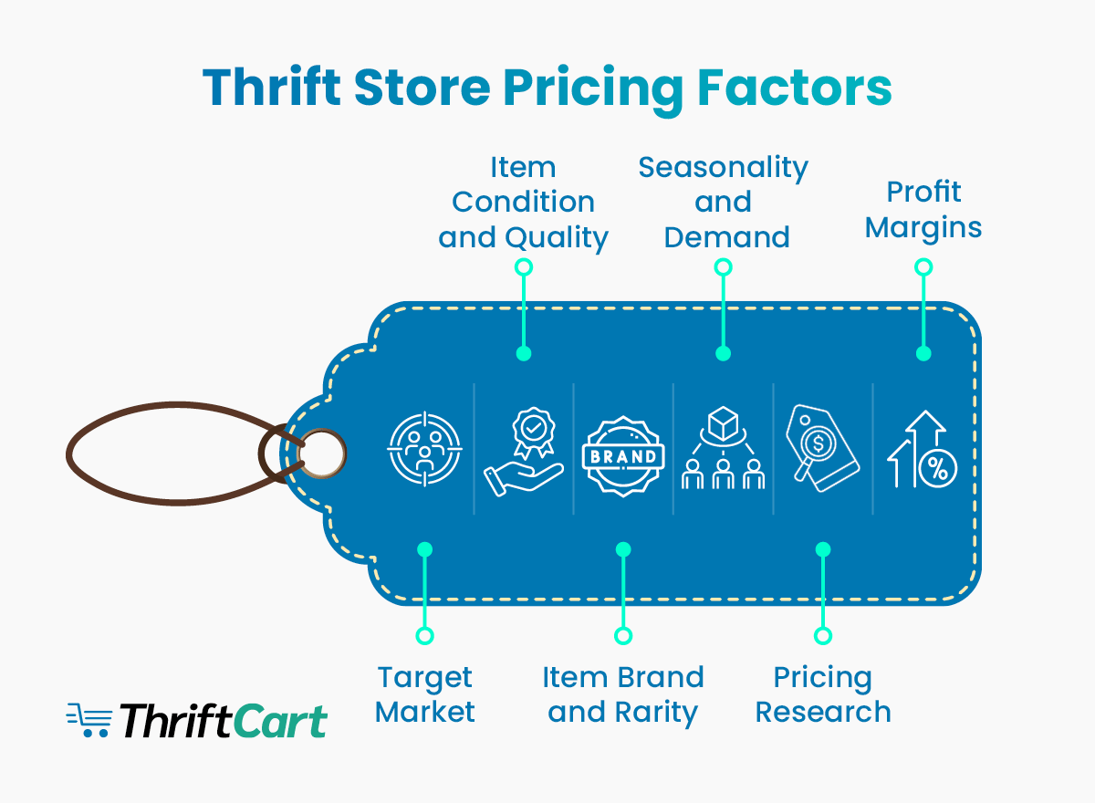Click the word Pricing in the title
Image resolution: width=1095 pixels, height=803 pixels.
coord(593,89)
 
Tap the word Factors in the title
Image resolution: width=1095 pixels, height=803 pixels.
coord(794,88)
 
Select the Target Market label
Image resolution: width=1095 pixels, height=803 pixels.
coord(425,694)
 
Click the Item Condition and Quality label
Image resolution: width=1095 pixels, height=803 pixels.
coord(523,203)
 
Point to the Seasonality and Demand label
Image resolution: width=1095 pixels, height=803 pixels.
coord(723,203)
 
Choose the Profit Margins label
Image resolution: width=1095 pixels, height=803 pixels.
coord(923,209)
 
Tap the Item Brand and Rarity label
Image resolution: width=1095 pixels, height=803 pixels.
coord(623,694)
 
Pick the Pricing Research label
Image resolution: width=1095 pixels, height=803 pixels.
coord(823,694)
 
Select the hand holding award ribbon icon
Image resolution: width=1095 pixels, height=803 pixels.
coord(524,451)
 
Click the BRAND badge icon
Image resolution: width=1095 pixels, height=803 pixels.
coord(623,454)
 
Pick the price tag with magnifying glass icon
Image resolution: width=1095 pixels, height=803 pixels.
coord(822,451)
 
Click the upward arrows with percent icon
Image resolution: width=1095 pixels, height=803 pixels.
coord(923,449)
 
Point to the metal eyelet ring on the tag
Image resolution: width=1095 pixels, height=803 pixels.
coord(321,452)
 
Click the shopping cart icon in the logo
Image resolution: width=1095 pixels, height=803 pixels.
coord(89,720)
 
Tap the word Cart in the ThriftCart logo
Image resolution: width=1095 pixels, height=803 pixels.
coord(280,721)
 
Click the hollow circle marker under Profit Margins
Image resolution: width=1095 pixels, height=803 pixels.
coord(923,267)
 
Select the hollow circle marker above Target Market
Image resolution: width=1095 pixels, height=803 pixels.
coord(424,635)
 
